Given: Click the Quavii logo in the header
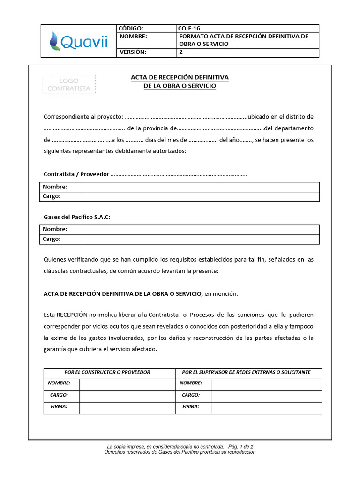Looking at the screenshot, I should point(79,41).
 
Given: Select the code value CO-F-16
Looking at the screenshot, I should point(189,28).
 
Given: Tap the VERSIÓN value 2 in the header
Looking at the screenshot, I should point(181,52).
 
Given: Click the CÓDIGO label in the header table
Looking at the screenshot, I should point(132,28).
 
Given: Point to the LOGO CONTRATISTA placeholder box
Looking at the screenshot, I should point(69,84).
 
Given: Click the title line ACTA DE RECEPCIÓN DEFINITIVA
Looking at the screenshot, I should point(180,77).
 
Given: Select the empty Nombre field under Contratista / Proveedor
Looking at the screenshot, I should point(201,187).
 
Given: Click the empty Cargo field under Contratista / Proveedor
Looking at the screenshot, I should point(201,196).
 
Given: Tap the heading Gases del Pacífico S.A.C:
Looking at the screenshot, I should point(77,217).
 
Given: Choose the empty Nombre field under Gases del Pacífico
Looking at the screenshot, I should point(201,229).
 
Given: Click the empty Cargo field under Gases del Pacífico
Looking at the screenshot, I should point(201,239).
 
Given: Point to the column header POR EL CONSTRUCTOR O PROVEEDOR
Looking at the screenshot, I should point(107,372).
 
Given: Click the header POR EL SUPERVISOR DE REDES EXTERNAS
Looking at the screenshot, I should point(246,372).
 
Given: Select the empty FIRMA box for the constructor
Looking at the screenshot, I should point(126,408).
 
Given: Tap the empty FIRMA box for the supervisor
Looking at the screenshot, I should point(266,408).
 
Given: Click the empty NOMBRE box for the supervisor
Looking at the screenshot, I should point(266,384).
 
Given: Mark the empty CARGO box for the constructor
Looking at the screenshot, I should point(126,396).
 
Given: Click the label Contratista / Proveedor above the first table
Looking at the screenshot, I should point(76,174).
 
